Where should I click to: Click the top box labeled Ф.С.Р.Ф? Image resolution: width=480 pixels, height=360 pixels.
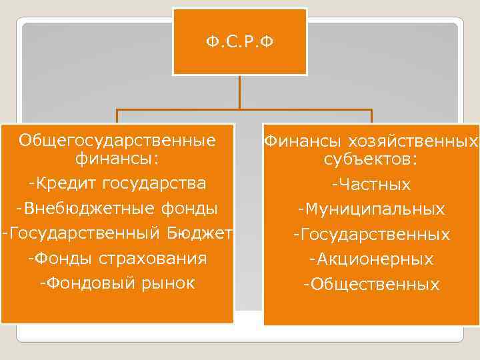(239, 42)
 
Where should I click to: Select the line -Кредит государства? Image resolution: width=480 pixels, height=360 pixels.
(117, 183)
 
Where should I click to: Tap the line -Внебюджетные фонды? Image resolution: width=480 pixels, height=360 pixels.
(117, 208)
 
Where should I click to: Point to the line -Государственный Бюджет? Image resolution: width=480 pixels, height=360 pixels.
(117, 233)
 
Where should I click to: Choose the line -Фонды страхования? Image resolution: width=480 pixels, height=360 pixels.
(117, 258)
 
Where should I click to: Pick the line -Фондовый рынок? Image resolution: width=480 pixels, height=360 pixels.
(117, 283)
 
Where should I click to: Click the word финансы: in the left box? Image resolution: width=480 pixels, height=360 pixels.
(117, 159)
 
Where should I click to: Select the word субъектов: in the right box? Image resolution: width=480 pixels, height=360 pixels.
(371, 160)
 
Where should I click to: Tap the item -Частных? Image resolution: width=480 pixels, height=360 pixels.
(371, 185)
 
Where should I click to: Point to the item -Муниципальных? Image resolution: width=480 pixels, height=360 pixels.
(371, 210)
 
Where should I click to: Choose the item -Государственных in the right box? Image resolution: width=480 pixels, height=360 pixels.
(371, 235)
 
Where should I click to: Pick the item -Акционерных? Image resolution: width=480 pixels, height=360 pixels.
(371, 259)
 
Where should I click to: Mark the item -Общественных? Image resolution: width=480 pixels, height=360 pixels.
(371, 285)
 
